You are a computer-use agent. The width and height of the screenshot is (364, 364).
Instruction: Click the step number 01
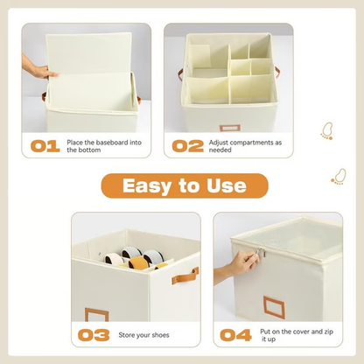point(46,145)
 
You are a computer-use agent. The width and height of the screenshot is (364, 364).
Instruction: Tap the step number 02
point(188,145)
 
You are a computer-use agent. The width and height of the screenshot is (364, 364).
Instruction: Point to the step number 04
point(235,334)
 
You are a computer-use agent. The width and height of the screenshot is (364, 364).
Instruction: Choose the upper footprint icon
point(326,131)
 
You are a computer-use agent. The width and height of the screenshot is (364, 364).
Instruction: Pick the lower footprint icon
point(338,177)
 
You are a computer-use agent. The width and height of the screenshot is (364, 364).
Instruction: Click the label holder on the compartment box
point(229,128)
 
